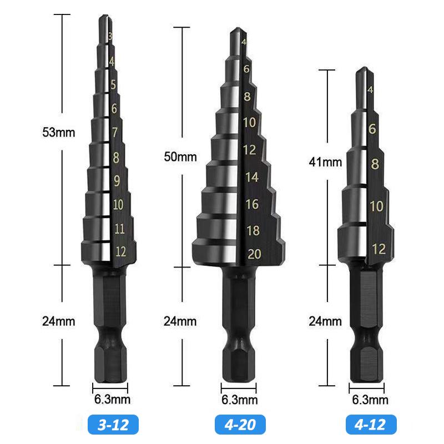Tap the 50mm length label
point(180,157)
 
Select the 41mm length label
point(325,162)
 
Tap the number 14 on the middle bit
point(251,178)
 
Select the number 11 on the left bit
point(119,229)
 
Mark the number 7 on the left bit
point(115,132)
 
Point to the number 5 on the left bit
point(113,85)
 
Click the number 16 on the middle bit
point(252,204)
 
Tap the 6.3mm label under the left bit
point(111,399)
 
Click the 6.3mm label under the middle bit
point(239,400)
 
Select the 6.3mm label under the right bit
point(370,400)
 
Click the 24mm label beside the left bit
point(58,320)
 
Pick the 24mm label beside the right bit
point(325,320)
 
